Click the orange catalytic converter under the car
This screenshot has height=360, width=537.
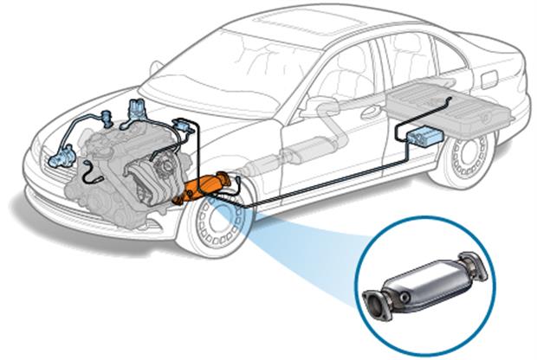point(209,186)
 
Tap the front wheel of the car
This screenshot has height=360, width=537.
point(216,228)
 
